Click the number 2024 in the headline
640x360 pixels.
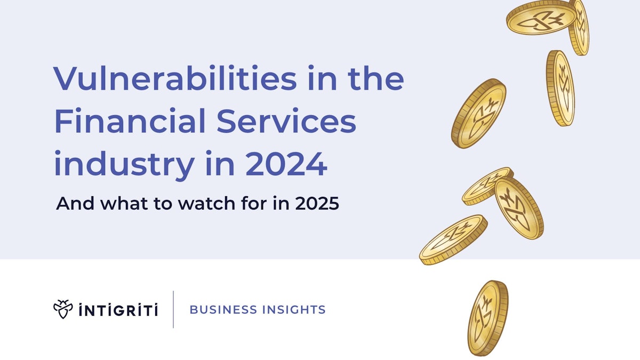coord(286,165)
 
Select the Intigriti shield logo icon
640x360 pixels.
coord(63,309)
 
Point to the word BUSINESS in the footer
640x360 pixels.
coord(221,309)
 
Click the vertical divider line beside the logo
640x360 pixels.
coord(173,309)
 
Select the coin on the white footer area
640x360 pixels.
coord(487,318)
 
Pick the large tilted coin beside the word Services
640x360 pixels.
coord(478,113)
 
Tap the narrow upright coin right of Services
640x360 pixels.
coord(560,88)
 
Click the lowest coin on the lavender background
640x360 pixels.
coord(453,239)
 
